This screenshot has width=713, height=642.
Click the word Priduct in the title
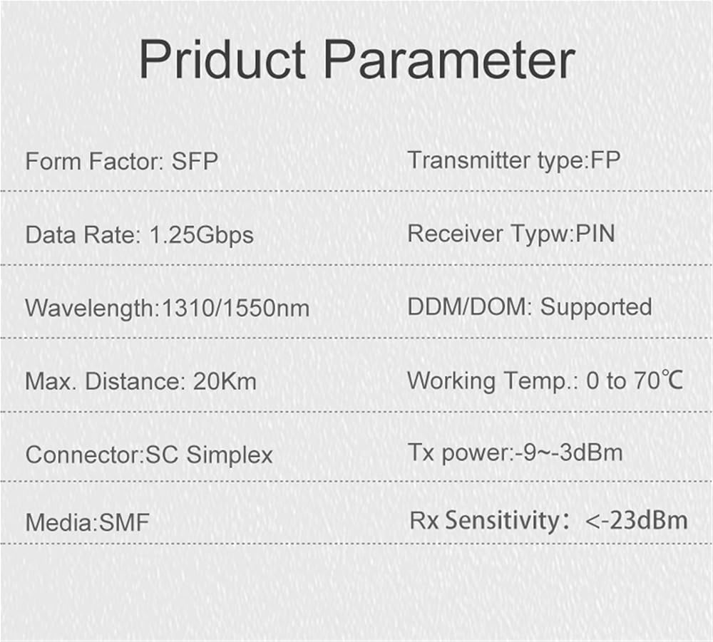pos(222,59)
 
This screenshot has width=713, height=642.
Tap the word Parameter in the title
pos(449,59)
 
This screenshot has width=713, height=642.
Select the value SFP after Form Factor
pos(195,161)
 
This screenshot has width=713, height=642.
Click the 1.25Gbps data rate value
pos(202,236)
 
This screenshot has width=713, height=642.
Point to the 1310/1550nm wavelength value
pos(235,308)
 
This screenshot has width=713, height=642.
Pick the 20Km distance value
pos(225,381)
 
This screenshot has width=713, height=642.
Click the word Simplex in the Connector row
pos(230,455)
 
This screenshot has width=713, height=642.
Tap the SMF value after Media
pos(124,522)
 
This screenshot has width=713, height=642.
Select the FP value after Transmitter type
pos(605,160)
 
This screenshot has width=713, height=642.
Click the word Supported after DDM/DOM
pos(596,308)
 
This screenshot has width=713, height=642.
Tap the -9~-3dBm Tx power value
pos(569,452)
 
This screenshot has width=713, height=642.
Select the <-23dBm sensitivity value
pos(637,521)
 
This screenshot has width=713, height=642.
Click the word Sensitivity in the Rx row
pos(502,521)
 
